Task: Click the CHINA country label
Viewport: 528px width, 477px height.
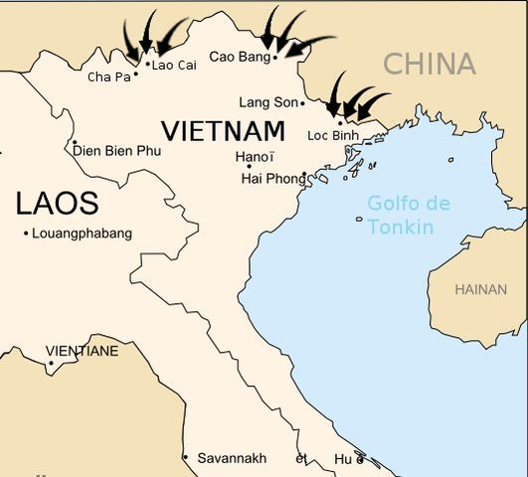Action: [x=430, y=65]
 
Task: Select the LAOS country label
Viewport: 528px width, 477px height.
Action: [x=57, y=204]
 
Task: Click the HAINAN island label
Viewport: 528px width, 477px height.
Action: [x=480, y=289]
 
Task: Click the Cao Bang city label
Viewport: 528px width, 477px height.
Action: [x=239, y=57]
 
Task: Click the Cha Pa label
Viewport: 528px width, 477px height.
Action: [x=109, y=77]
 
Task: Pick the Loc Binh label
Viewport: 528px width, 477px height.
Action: [x=332, y=135]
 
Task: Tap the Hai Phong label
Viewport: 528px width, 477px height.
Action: [x=273, y=179]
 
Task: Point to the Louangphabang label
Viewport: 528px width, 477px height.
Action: [x=82, y=234]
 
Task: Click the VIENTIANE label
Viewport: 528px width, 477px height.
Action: [x=82, y=351]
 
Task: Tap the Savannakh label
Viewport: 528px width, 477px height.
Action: [x=231, y=458]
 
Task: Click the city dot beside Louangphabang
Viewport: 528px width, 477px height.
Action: [x=25, y=234]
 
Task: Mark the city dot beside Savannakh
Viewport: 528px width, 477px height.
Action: [x=185, y=457]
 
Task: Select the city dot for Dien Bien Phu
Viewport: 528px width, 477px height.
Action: [x=75, y=142]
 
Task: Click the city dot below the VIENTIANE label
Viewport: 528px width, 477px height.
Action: [x=50, y=363]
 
